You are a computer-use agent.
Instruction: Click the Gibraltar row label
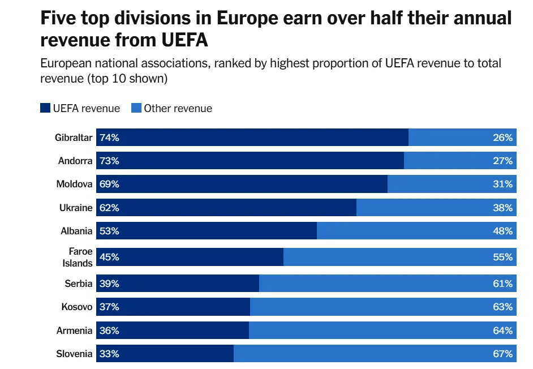74,138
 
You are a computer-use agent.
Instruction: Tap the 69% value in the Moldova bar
109,184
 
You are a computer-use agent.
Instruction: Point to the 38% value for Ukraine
502,208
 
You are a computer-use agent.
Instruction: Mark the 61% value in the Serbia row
502,284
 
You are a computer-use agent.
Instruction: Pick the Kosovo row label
77,307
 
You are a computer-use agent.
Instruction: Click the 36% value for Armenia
109,331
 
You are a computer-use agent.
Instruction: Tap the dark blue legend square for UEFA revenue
45,108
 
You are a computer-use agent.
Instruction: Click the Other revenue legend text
178,108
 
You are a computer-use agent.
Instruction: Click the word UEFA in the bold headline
182,41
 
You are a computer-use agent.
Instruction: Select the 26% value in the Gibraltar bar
502,138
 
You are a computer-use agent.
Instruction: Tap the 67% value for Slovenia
502,354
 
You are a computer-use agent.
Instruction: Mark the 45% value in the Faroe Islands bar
109,257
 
